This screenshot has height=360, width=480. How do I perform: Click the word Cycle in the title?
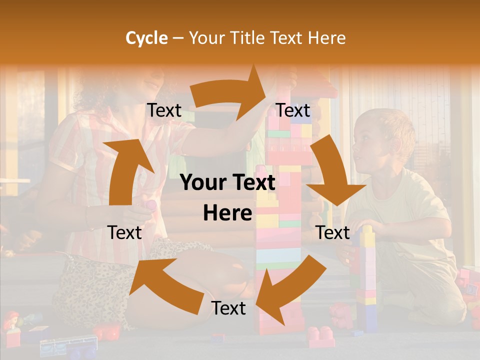pyautogui.click(x=146, y=38)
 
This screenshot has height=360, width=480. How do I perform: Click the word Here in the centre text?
pyautogui.click(x=227, y=213)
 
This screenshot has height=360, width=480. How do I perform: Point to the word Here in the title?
pyautogui.click(x=325, y=38)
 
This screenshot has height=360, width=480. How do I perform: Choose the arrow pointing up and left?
pyautogui.click(x=160, y=280)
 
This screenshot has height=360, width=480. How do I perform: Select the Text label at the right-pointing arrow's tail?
pyautogui.click(x=164, y=110)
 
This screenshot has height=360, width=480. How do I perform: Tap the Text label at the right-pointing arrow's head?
pyautogui.click(x=293, y=110)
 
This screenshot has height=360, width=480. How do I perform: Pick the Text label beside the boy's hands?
pyautogui.click(x=332, y=233)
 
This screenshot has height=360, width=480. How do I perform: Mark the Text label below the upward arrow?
pyautogui.click(x=124, y=233)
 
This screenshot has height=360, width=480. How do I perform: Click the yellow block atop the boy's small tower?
pyautogui.click(x=367, y=235)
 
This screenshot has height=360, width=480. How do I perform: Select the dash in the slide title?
pyautogui.click(x=178, y=38)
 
